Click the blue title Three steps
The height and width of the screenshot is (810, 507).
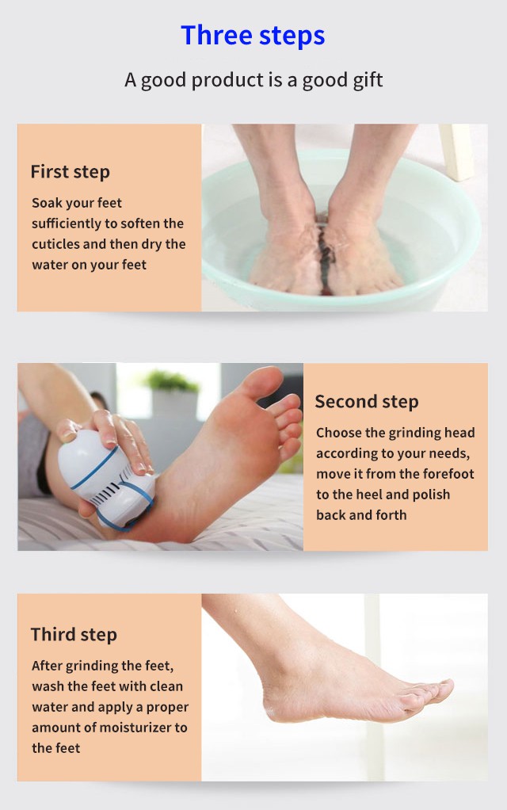[253, 36]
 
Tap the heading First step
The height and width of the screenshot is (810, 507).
[71, 172]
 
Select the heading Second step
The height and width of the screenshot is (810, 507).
[367, 402]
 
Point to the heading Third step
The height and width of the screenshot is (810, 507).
[74, 635]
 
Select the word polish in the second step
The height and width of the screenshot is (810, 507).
[431, 495]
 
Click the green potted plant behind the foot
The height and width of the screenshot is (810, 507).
[171, 381]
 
